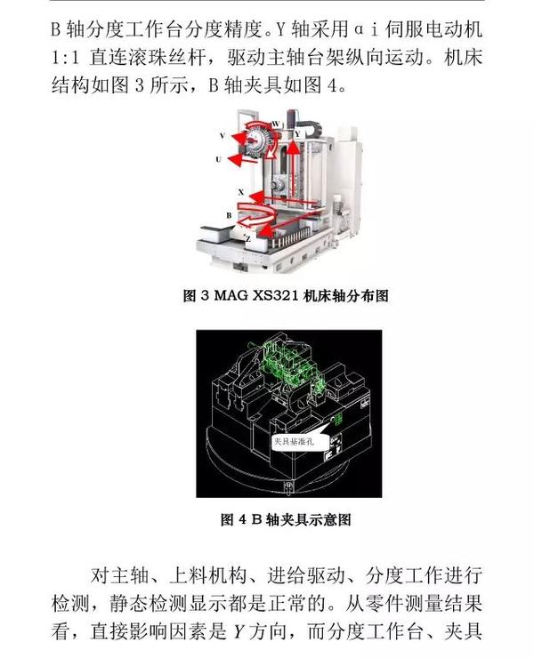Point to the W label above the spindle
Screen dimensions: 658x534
coord(274,123)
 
